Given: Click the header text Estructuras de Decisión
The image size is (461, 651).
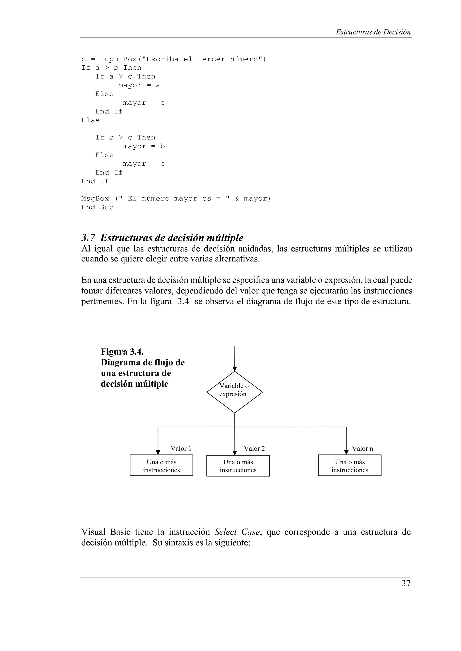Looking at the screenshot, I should point(373,32).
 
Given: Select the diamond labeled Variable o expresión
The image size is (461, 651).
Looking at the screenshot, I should point(234,392).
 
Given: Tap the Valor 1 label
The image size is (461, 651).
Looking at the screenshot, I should point(181,448).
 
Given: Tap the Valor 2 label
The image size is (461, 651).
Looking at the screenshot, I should point(254,448).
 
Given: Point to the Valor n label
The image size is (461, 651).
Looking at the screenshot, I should point(362,448).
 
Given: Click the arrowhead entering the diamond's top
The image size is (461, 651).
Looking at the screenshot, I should point(235,369).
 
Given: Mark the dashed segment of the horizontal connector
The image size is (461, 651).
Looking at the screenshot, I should point(308,427).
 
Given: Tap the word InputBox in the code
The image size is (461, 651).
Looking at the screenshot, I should point(118,59).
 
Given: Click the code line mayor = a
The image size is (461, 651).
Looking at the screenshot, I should point(139,85).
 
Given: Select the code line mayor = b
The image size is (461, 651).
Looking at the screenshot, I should point(143,146).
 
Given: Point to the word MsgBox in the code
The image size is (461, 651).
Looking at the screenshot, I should point(95,199).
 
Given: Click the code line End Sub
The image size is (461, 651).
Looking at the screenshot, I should point(97,207).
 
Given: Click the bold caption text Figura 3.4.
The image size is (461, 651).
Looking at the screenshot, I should point(122,352).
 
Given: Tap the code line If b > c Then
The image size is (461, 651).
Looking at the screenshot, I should point(125,137).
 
